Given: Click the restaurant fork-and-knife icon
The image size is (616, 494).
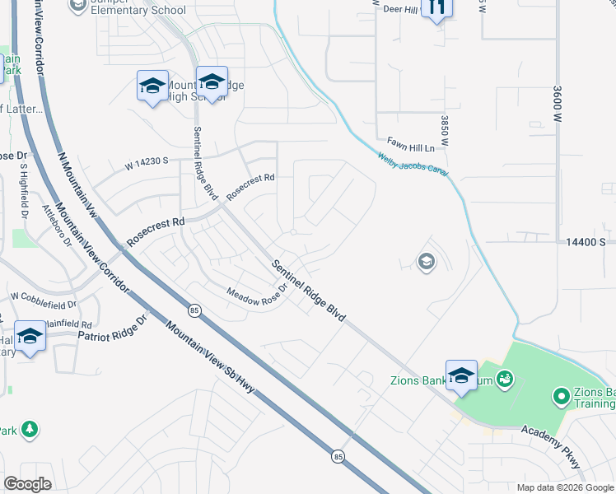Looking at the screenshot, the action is pyautogui.click(x=436, y=7).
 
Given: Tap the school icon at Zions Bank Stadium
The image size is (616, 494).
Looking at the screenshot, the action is pyautogui.click(x=461, y=375).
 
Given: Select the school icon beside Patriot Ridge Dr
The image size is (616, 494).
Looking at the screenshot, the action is pyautogui.click(x=30, y=337).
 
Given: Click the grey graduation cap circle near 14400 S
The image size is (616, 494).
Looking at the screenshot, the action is pyautogui.click(x=426, y=263).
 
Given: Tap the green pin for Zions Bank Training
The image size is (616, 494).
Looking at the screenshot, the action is pyautogui.click(x=562, y=397).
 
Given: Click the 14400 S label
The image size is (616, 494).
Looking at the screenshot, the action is pyautogui.click(x=586, y=242).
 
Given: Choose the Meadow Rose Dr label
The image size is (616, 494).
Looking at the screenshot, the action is pyautogui.click(x=256, y=293).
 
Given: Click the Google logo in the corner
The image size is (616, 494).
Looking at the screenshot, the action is pyautogui.click(x=27, y=483).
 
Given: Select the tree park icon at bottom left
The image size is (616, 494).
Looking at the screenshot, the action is pyautogui.click(x=30, y=429).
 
